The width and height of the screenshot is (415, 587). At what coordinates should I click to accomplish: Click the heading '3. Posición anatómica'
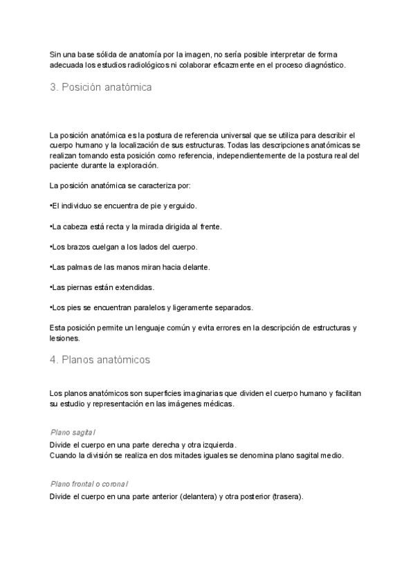coord(100,88)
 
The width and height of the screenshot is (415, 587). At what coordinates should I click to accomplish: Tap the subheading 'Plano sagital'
coord(73,432)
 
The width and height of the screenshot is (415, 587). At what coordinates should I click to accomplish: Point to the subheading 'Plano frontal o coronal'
coord(89,484)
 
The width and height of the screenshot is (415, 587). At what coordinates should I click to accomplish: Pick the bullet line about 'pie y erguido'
coord(124,206)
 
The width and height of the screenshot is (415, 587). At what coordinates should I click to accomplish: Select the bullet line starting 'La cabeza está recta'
coord(136,226)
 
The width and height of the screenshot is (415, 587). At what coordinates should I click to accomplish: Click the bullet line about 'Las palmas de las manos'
coord(130,267)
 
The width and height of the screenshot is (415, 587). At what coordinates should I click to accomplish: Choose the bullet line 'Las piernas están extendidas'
coord(102,287)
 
